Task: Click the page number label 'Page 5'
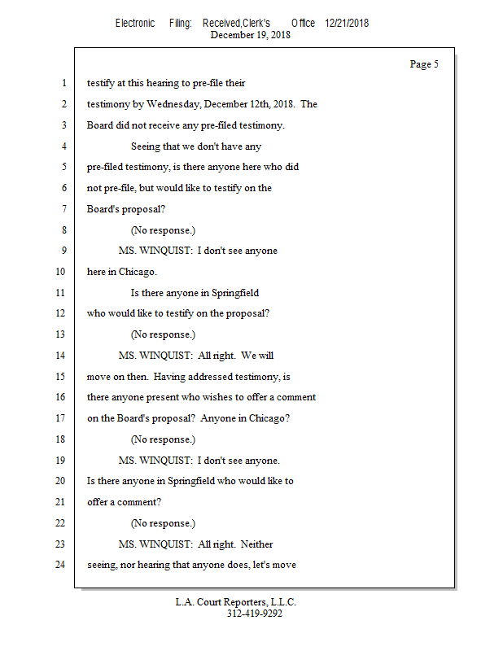[x=424, y=64]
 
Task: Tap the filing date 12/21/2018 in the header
[x=346, y=24]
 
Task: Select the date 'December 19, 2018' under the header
[x=250, y=35]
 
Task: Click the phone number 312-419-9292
[x=254, y=614]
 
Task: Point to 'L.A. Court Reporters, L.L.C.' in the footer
[x=236, y=602]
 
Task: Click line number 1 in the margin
[x=63, y=83]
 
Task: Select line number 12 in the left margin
[x=61, y=313]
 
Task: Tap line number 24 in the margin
[x=61, y=565]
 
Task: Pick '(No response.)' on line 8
[x=163, y=230]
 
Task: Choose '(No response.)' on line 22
[x=163, y=523]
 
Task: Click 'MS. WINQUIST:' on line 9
[x=155, y=251]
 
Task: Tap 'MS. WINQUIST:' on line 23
[x=155, y=544]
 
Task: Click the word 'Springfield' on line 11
[x=234, y=293]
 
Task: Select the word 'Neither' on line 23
[x=257, y=544]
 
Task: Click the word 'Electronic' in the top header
[x=135, y=24]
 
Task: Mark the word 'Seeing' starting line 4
[x=146, y=146]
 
